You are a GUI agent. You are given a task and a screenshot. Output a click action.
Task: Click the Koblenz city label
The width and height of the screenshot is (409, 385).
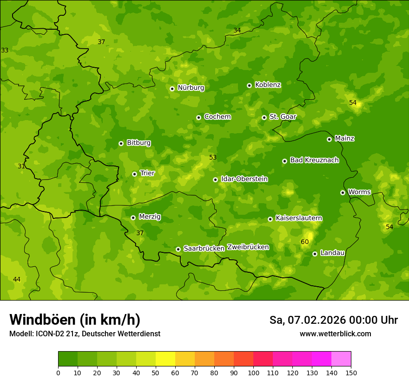[268, 85]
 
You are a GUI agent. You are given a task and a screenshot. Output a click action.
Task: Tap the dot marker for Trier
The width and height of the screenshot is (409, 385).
[135, 174]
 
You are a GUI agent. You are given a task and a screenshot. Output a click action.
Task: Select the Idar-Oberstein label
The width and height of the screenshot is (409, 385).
[244, 179]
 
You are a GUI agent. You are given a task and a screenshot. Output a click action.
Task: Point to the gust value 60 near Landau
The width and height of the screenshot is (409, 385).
[305, 242]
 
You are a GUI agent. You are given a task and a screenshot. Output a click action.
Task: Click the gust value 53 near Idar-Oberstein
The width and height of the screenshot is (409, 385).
[213, 157]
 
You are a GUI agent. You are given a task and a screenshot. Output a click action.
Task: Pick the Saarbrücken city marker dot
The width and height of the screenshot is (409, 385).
[178, 249]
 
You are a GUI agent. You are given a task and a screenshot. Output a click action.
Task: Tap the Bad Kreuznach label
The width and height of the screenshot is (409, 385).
[314, 160]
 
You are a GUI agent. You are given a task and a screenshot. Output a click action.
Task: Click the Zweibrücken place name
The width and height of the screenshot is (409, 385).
[248, 247]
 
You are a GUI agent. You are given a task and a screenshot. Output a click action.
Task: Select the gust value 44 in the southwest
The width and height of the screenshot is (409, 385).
[17, 279]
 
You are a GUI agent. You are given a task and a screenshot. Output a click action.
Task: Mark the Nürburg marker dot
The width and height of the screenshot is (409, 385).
[172, 89]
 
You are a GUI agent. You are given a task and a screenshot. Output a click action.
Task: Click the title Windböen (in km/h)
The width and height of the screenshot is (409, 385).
[75, 320]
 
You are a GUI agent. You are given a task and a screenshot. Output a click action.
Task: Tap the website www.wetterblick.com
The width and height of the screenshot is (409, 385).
[335, 334]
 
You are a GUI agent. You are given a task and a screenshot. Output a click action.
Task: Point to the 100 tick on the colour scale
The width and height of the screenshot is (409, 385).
[253, 372]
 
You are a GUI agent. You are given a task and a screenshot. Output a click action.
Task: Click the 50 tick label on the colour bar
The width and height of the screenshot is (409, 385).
[156, 372]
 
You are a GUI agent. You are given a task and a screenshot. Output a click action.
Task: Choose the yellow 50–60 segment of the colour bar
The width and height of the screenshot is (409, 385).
[165, 359]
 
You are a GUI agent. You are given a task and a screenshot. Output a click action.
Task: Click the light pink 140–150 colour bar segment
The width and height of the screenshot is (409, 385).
[341, 359]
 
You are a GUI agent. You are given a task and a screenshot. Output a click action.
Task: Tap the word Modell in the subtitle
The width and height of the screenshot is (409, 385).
[20, 334]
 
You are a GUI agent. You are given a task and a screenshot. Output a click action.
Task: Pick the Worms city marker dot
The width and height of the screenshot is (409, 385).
[343, 192]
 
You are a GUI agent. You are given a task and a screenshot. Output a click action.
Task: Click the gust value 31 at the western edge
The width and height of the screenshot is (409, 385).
[21, 166]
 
